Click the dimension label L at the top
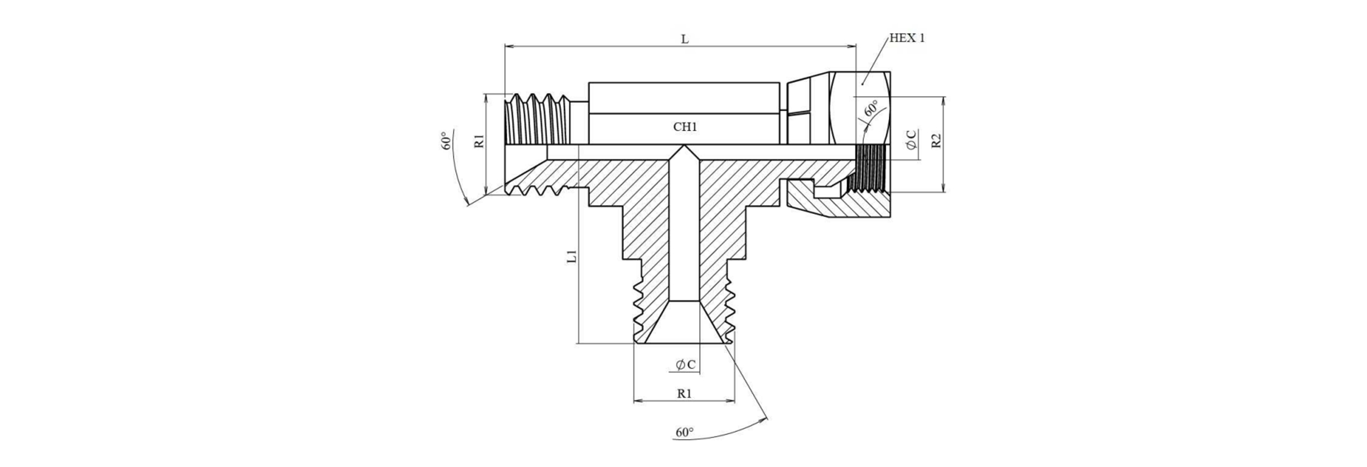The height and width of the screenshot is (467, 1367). pyautogui.click(x=685, y=39)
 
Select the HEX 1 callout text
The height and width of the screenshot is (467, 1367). pyautogui.click(x=907, y=38)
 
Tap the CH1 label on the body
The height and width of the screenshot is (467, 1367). pyautogui.click(x=685, y=127)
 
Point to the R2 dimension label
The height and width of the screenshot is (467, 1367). pyautogui.click(x=937, y=141)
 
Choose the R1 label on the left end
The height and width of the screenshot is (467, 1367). pyautogui.click(x=480, y=141)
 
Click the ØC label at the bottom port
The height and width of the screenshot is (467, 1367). pyautogui.click(x=686, y=365)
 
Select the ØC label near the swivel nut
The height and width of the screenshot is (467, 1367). pyautogui.click(x=912, y=141)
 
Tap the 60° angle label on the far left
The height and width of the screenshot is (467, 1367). pyautogui.click(x=447, y=141)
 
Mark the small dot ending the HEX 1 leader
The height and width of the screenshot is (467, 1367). pyautogui.click(x=863, y=84)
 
